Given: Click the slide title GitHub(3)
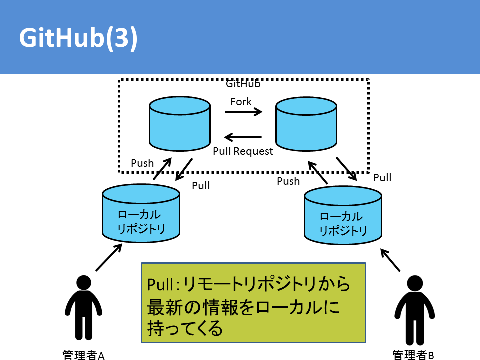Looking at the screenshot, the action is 78,38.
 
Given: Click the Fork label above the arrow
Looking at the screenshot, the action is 241,102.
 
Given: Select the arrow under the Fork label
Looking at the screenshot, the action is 243,112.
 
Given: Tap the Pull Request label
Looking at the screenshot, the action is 243,151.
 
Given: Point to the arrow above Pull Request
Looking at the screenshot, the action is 243,137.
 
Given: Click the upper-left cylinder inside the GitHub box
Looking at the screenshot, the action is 180,124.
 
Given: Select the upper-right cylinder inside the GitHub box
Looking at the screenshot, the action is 306,124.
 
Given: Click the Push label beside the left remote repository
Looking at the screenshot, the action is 142,163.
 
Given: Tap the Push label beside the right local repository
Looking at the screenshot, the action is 288,181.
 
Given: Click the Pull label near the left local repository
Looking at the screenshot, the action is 201,186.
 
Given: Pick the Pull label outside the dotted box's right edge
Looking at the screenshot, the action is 382,178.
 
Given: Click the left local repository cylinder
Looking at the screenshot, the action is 141,213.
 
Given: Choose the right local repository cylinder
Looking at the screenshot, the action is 343,215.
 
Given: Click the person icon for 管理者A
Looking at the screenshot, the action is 83,308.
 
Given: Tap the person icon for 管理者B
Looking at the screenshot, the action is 415,310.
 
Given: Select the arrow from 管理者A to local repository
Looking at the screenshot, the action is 109,257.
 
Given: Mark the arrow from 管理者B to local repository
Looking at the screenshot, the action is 390,260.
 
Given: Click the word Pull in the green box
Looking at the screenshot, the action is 161,284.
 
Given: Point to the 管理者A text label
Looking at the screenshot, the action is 83,355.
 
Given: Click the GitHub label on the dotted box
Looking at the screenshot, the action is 243,84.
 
